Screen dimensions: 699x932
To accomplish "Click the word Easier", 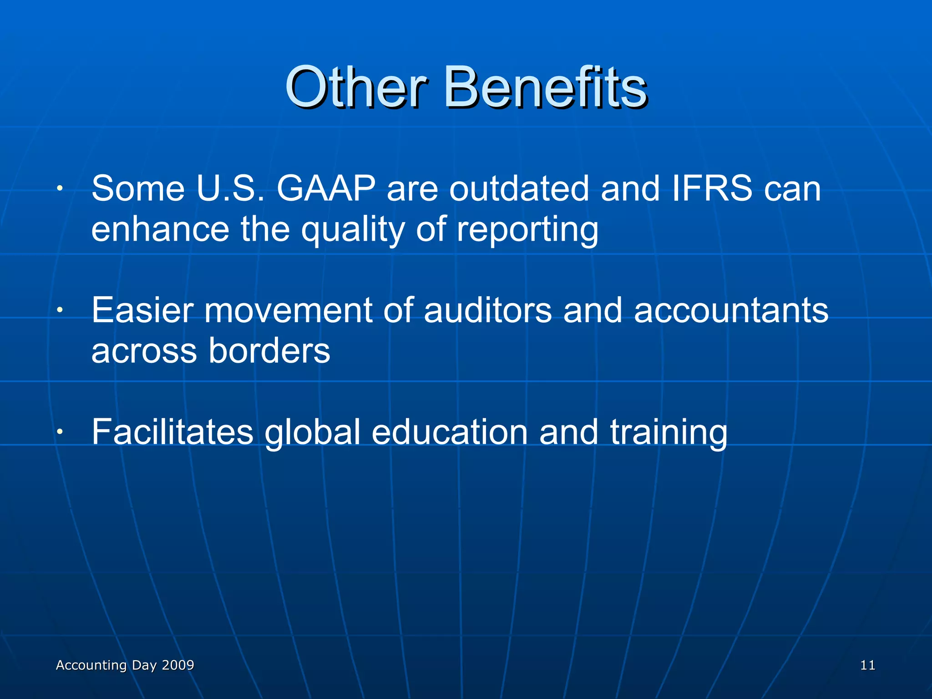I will (142, 310).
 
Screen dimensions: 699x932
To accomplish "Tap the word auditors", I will (487, 310).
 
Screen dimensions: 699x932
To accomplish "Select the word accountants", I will (731, 310).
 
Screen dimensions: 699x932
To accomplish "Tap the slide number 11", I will (867, 665).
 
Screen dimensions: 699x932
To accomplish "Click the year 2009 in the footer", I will (178, 665).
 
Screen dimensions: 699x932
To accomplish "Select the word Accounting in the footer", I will (91, 665).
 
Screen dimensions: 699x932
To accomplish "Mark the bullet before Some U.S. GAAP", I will (60, 188).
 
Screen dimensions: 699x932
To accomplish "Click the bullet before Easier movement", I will (60, 310).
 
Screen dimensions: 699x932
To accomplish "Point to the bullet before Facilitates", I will (60, 432).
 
